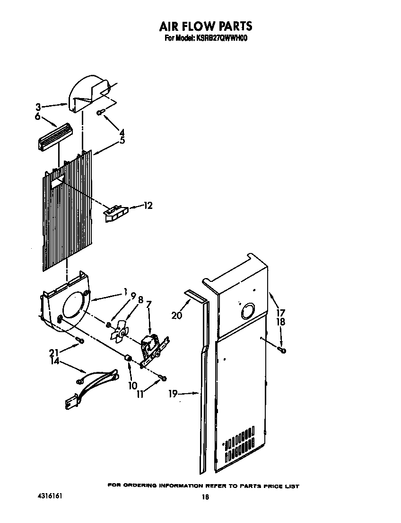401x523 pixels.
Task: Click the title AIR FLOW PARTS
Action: pos(205,26)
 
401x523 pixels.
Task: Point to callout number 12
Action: pos(148,206)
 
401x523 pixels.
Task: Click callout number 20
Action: pos(177,315)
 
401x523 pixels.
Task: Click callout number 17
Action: pos(281,312)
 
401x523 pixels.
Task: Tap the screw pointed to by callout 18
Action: pos(282,350)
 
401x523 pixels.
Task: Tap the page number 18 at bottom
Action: pos(205,497)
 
